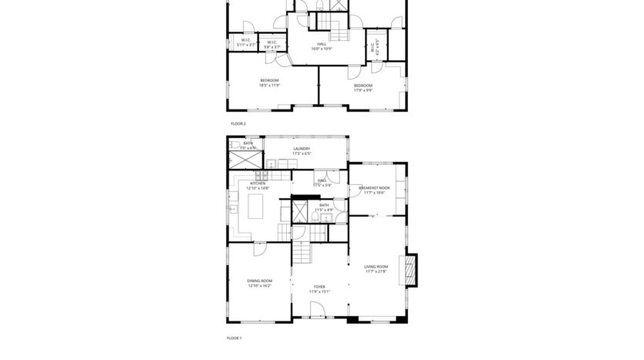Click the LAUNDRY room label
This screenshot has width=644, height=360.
(302, 149)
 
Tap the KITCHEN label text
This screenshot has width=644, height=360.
(257, 183)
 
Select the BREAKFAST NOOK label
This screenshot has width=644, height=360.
(374, 187)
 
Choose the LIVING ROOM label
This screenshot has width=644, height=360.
(376, 267)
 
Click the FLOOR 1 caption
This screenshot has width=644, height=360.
(234, 338)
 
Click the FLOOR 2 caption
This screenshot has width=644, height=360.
(238, 123)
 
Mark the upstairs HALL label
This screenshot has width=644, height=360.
(321, 44)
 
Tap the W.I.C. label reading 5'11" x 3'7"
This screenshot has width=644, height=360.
(245, 42)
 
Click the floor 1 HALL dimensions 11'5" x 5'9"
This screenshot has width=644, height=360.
(322, 185)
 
